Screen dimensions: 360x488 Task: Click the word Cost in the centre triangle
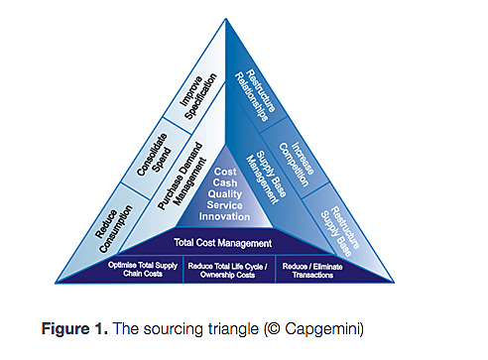point(224,172)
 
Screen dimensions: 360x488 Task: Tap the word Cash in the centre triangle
point(224,183)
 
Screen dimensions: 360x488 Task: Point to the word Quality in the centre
point(225,194)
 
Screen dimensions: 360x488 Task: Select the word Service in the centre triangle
point(225,206)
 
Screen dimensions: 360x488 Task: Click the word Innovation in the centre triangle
point(225,217)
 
